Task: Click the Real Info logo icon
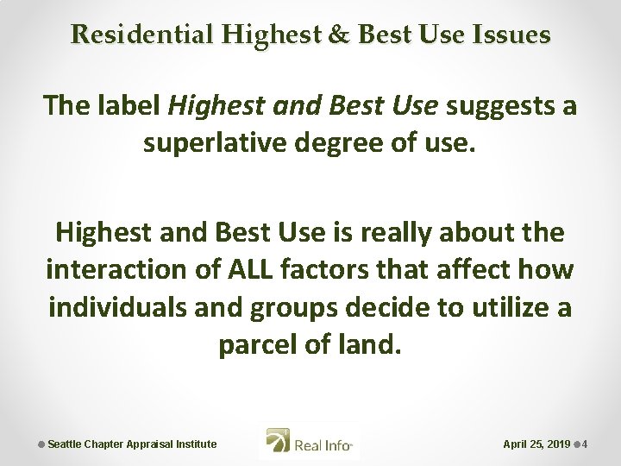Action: [278, 444]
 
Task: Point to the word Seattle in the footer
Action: [65, 444]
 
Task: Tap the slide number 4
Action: [586, 444]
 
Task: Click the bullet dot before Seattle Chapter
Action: [41, 444]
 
